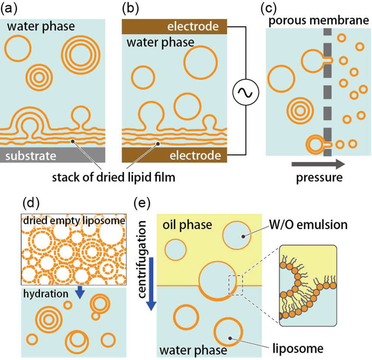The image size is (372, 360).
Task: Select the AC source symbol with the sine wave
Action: pyautogui.click(x=245, y=91)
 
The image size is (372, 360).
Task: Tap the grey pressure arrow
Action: pyautogui.click(x=318, y=163)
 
